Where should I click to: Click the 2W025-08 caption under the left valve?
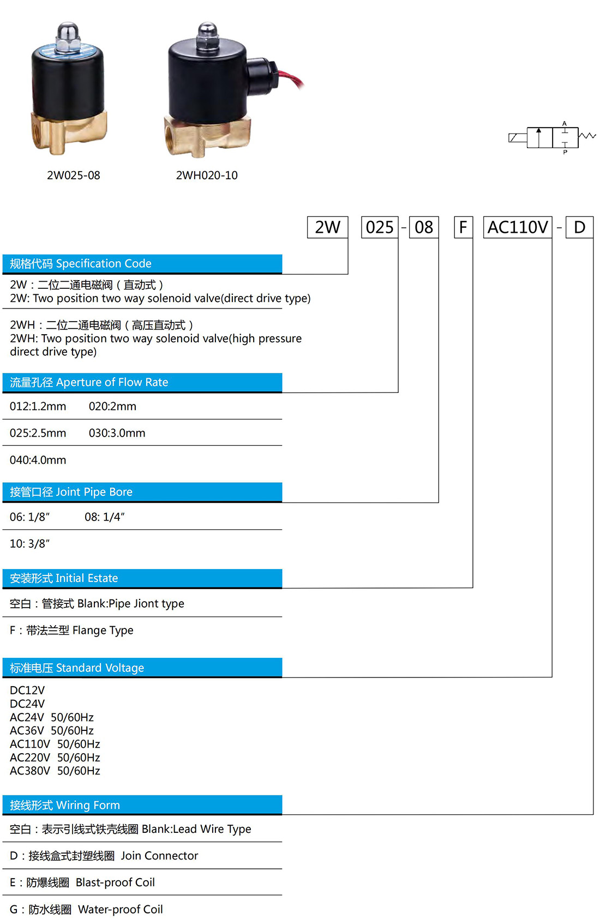point(74,175)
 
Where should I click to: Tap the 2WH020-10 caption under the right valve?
point(207,175)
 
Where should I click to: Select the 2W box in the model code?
point(327,227)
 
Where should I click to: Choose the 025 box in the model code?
point(380,227)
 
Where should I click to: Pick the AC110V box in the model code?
point(518,227)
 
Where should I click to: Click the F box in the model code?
point(464,227)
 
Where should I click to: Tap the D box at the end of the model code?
point(579,227)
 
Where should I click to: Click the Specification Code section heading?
point(81,264)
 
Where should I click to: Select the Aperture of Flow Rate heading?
point(89,383)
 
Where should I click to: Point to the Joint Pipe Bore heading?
point(71,492)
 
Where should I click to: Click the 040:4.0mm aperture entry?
point(38,460)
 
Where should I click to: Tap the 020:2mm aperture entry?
point(112,406)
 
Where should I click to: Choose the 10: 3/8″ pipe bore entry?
point(29,543)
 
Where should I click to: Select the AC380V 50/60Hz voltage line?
point(55,771)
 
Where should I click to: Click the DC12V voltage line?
point(27,691)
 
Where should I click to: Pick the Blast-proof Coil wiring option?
point(82,882)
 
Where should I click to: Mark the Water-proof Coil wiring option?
point(86,909)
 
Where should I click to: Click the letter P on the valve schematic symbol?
point(565,152)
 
